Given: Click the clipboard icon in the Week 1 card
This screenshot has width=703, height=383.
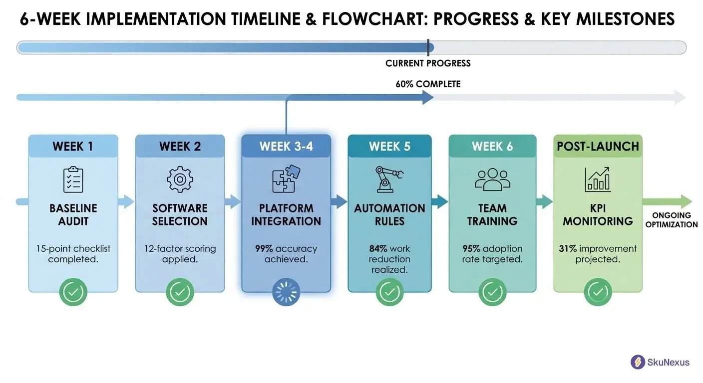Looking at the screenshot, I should [x=73, y=180].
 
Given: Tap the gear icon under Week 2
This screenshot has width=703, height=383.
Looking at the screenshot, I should [x=179, y=180].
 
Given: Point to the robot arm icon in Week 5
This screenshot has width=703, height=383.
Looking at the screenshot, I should [x=389, y=180].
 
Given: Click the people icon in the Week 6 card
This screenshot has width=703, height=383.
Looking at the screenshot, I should [x=492, y=180].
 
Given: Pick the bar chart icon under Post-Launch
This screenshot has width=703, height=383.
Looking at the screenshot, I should [x=598, y=180].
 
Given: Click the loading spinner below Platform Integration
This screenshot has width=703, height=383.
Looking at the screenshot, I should [x=286, y=292].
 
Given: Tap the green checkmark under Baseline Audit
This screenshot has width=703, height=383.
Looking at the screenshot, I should [x=73, y=292].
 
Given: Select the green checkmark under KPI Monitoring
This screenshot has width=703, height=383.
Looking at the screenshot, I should [x=598, y=292].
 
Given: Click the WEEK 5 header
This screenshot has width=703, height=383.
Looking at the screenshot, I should [x=389, y=147].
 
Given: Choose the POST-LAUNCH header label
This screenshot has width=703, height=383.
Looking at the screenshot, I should [x=598, y=147].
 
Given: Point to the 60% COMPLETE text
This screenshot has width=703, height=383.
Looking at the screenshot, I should [x=428, y=84].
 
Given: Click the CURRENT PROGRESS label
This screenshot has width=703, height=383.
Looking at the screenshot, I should [x=428, y=63].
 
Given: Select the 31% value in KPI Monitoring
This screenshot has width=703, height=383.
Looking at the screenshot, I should [x=568, y=249].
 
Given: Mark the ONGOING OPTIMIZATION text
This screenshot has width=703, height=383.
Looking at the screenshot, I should [x=671, y=220].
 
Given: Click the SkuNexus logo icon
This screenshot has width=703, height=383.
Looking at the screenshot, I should [x=638, y=362].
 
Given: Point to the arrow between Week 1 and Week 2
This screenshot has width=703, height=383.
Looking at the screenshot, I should [x=126, y=201].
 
